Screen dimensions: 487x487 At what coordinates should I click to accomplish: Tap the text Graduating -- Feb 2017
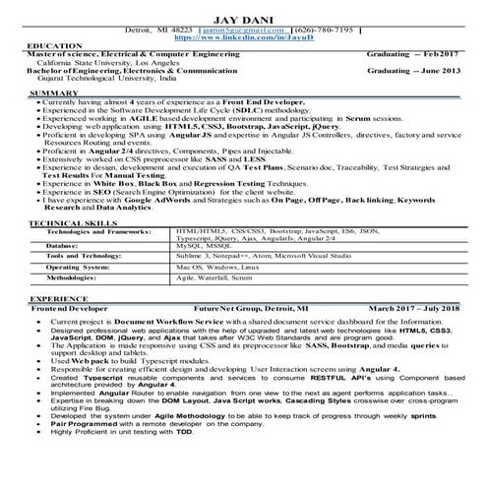point(411,56)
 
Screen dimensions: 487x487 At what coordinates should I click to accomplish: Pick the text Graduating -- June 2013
point(410,72)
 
